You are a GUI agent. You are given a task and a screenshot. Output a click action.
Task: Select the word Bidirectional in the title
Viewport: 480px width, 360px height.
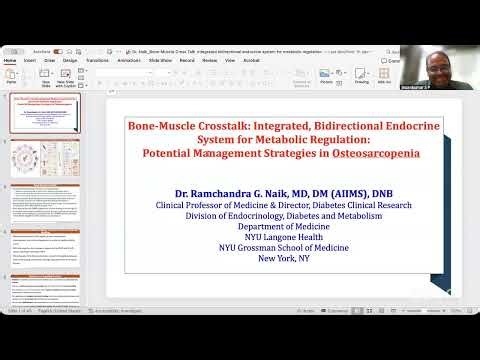coord(313,128)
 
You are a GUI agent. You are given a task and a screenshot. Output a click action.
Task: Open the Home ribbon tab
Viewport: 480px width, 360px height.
coord(10,60)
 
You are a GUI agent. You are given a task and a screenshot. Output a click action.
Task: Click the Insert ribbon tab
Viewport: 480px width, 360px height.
coord(30,60)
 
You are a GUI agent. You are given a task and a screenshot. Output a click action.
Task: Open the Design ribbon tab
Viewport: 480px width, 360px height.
coord(70,60)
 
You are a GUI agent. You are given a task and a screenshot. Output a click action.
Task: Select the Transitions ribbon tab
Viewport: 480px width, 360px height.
coord(98,60)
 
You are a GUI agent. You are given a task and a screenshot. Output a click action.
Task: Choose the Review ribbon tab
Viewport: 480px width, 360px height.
coord(210,60)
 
